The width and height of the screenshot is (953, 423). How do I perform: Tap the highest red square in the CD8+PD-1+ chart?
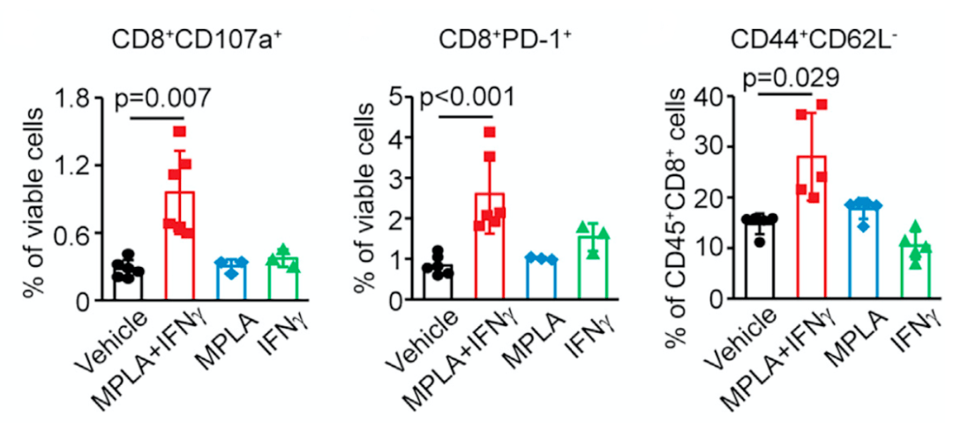490,132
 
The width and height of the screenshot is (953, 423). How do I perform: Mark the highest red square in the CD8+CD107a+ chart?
180,132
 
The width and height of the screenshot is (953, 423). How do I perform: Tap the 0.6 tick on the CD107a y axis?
80,234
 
